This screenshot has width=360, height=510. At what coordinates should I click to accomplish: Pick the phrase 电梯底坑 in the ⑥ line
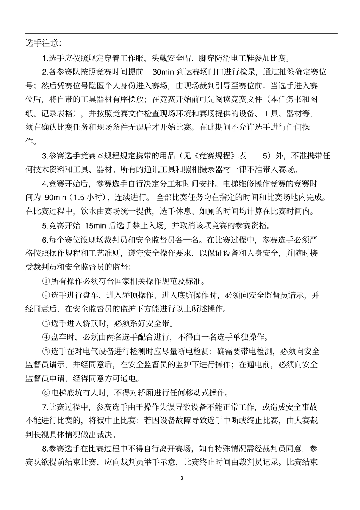(66, 392)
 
